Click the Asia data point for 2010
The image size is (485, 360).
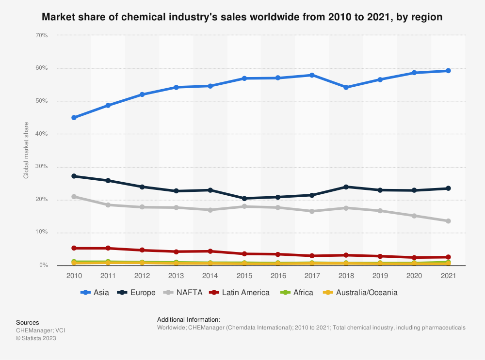click(74, 118)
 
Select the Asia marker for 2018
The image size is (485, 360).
click(346, 87)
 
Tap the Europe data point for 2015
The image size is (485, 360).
click(244, 198)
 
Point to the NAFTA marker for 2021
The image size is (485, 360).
click(448, 221)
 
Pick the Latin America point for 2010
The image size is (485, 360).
click(74, 248)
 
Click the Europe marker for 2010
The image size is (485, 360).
click(74, 176)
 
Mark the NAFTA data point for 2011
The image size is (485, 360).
click(108, 205)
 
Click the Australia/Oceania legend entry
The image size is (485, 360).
click(360, 293)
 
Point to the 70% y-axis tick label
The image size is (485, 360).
click(41, 35)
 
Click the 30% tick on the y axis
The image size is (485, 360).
click(41, 167)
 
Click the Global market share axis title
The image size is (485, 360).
click(26, 150)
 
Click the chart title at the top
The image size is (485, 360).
click(242, 17)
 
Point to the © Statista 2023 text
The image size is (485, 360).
click(36, 338)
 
